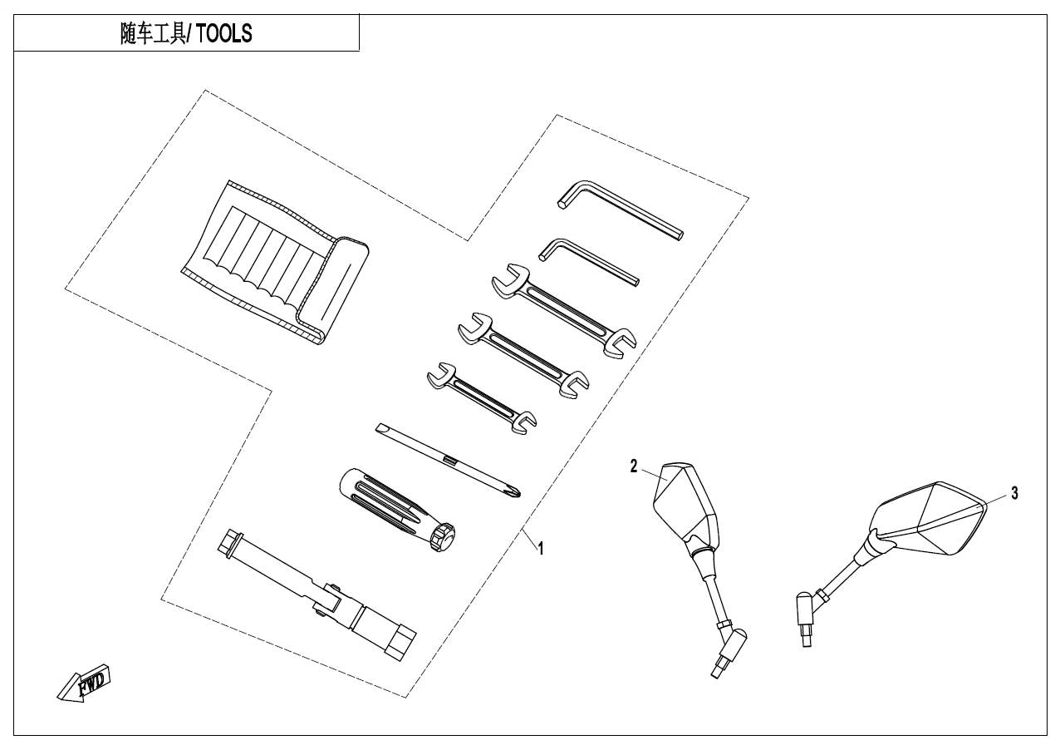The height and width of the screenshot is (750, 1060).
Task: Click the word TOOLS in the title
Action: coord(224,35)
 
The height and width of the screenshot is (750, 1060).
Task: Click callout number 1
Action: coord(541,549)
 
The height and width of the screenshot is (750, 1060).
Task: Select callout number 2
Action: coord(633,467)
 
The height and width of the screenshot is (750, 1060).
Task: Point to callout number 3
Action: coord(1013,493)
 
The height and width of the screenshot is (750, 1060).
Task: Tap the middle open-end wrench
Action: coord(523,353)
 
